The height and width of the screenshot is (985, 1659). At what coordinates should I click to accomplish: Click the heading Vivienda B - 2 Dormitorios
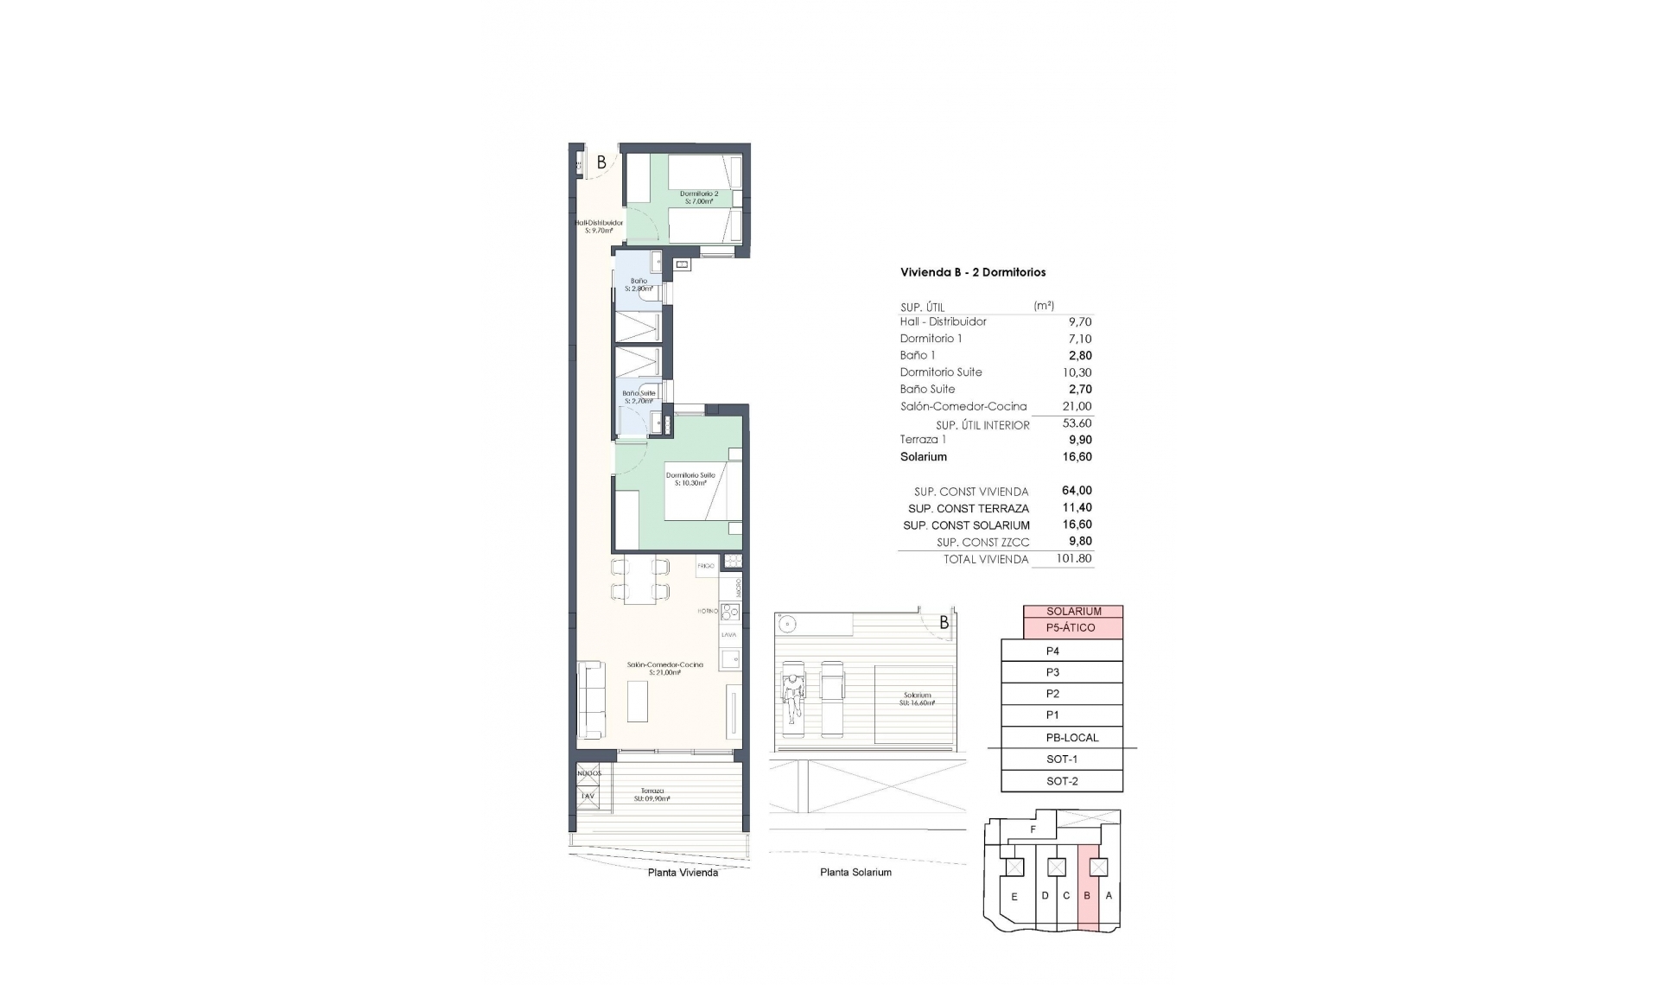973,272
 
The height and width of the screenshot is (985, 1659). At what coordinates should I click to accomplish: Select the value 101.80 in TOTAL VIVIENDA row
1074,559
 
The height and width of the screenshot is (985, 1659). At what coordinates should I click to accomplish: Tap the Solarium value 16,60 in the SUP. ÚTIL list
1077,457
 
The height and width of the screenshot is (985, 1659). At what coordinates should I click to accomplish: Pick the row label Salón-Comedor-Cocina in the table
963,406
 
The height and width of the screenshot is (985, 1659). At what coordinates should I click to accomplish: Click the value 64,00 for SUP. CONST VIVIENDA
1077,491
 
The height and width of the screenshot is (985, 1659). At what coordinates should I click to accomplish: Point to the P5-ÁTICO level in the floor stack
1071,628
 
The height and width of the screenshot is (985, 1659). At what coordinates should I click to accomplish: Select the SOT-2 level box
1062,781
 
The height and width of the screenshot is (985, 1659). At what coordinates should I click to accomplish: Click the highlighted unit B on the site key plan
1088,896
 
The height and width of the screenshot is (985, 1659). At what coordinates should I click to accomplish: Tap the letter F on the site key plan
1033,829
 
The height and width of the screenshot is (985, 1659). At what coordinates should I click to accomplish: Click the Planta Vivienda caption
683,873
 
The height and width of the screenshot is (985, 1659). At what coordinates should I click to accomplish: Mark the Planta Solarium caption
855,873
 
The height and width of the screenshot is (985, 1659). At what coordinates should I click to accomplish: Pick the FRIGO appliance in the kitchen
706,566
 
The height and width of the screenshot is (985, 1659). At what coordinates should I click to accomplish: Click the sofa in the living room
592,700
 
